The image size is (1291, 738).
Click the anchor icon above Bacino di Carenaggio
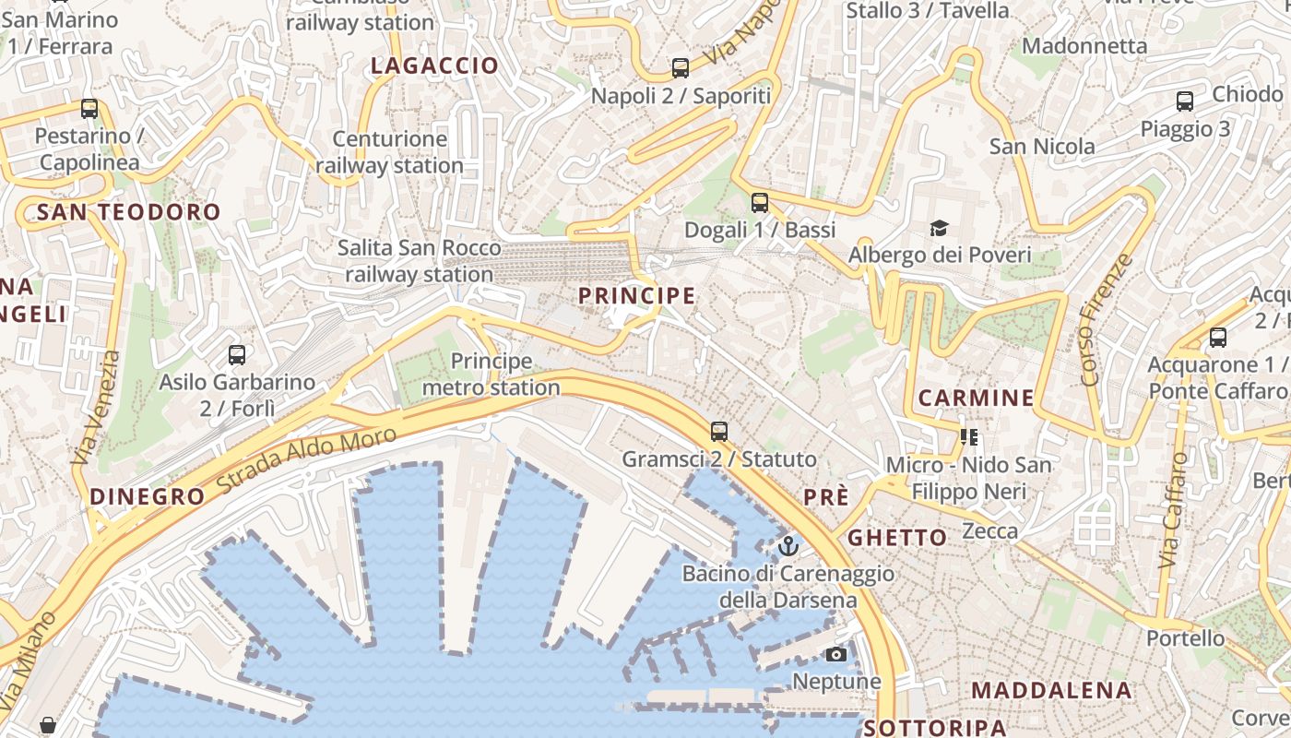[x=788, y=546]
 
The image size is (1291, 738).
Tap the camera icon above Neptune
[x=836, y=655]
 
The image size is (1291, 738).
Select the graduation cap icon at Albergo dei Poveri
[x=939, y=228]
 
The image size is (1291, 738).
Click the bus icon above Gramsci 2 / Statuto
[x=719, y=431]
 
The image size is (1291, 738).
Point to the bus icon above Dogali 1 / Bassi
[x=760, y=203]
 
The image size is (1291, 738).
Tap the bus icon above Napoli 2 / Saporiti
[x=681, y=68]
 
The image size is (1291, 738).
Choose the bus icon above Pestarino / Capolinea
[x=89, y=109]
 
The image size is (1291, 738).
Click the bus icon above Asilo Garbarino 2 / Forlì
[x=237, y=355]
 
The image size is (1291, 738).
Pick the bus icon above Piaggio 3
[x=1185, y=101]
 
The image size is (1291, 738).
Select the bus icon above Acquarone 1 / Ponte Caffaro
[x=1218, y=338]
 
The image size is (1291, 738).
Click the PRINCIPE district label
[x=636, y=295]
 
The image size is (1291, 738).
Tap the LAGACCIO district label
[x=434, y=65]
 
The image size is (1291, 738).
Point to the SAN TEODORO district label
[x=129, y=212]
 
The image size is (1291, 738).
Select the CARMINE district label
[x=976, y=399]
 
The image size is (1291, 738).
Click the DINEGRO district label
[x=148, y=496]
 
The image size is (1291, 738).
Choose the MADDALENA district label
[x=1051, y=690]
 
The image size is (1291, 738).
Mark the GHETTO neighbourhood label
[x=897, y=537]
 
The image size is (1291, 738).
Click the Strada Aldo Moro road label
[x=307, y=458]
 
